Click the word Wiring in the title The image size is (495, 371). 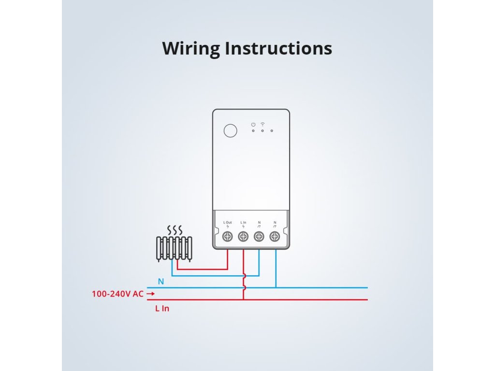coord(190,49)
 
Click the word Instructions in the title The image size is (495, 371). coord(278,48)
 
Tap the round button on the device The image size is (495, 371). coord(231,130)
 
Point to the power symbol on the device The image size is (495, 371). coord(253,125)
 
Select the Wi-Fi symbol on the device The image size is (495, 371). coord(262,124)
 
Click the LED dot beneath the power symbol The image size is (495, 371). coord(253,130)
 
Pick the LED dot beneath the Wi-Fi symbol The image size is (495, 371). coord(262,130)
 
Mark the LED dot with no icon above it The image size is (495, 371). coord(272,130)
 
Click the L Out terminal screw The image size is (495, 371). coord(228,236)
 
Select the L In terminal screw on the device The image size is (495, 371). coord(243,236)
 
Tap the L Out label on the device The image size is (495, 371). coord(228,222)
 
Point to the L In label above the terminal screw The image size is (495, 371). coord(243,222)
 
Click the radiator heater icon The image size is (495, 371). coord(174,249)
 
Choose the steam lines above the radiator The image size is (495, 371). coord(175,230)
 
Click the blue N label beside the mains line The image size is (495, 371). coord(161,282)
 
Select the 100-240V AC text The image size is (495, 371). coord(117,294)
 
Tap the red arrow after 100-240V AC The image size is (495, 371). coord(151,294)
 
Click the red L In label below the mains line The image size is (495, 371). coord(162,309)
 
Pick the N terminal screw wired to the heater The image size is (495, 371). coord(259,236)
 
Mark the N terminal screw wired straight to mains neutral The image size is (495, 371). coord(275,236)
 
